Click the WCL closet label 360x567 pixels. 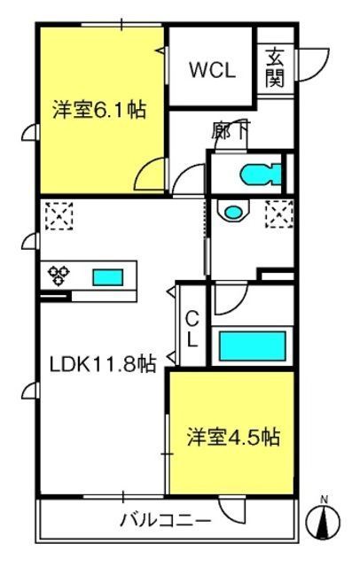click(x=213, y=70)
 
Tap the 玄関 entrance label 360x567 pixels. click(x=275, y=68)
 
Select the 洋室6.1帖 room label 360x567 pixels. click(x=99, y=110)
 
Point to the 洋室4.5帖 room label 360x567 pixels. click(x=233, y=437)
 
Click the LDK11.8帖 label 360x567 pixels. click(x=103, y=364)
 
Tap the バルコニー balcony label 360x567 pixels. click(x=165, y=521)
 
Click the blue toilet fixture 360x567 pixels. click(x=261, y=175)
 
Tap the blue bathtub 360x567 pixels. click(x=253, y=346)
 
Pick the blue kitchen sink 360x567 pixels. click(x=108, y=277)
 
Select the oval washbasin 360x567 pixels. click(x=232, y=212)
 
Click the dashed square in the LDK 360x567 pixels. click(x=59, y=216)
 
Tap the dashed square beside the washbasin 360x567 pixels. click(x=279, y=214)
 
